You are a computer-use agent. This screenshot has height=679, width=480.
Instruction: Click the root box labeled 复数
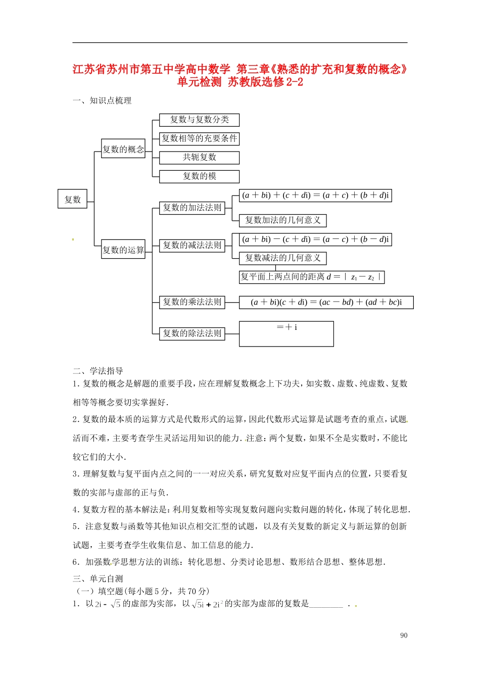tap(73, 200)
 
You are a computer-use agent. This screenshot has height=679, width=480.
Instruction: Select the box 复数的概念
tap(123, 149)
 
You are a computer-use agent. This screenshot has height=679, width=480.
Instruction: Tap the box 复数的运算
tap(123, 250)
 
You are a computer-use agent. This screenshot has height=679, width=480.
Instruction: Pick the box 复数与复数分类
tap(199, 120)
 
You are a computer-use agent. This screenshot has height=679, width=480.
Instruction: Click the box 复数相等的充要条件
tap(199, 138)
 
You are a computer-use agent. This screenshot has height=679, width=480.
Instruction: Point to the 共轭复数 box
tap(199, 158)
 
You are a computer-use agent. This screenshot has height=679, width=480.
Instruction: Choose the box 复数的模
tap(199, 176)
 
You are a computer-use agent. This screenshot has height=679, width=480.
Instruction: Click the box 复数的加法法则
tap(192, 208)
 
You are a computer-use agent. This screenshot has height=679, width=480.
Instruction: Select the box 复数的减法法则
tap(192, 246)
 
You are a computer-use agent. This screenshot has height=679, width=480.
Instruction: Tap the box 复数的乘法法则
tap(192, 302)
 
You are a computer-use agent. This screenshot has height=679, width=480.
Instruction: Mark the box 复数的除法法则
tap(192, 333)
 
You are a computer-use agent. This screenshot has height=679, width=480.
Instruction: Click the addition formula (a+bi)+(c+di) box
tap(315, 196)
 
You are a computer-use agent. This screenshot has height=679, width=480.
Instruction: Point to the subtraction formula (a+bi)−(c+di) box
tap(315, 239)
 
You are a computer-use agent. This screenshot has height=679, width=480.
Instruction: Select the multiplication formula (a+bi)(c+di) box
tap(326, 303)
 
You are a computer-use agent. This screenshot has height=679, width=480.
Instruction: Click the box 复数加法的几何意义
tap(283, 220)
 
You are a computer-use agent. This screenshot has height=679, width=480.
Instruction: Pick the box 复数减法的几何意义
tap(283, 258)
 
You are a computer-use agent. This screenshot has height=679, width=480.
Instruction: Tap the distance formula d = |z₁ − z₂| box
tap(312, 277)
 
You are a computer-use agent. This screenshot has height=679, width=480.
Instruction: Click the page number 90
tap(404, 636)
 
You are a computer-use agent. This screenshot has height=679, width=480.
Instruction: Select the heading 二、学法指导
tap(98, 371)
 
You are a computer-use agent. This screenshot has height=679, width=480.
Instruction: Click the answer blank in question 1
tap(326, 604)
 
